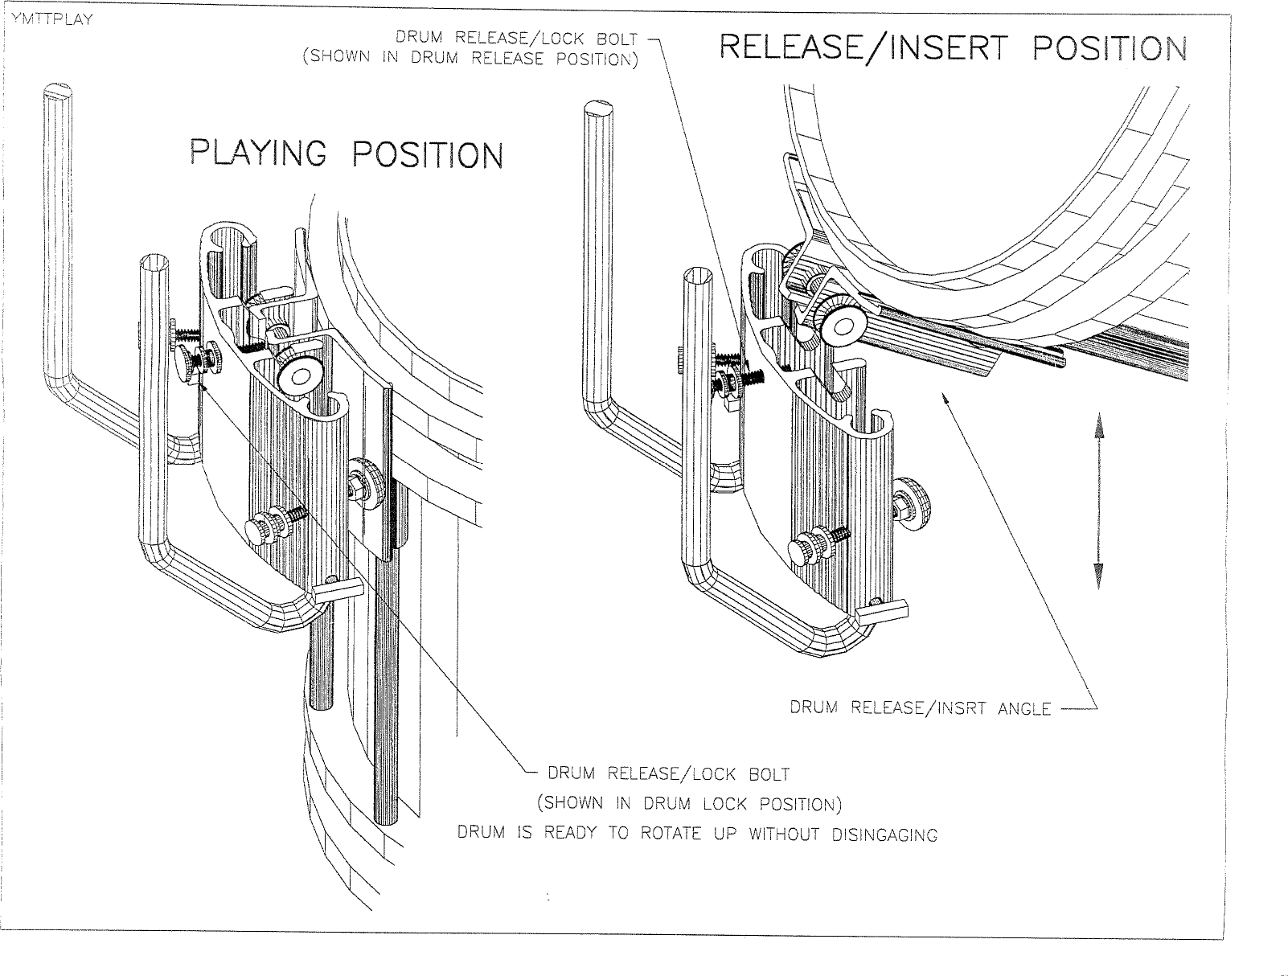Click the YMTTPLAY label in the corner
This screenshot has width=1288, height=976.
pos(48,20)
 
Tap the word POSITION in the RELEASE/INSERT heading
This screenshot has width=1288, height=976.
pos(1110,50)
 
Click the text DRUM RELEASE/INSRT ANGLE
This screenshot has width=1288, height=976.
pos(920,708)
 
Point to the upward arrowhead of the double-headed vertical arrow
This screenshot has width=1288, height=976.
pos(1098,435)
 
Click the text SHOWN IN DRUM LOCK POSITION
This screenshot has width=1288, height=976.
pos(689,804)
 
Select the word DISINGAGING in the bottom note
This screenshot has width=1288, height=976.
pos(884,835)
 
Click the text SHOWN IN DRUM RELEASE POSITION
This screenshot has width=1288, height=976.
pos(470,59)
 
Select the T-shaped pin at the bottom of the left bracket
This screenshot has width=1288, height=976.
pos(338,593)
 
